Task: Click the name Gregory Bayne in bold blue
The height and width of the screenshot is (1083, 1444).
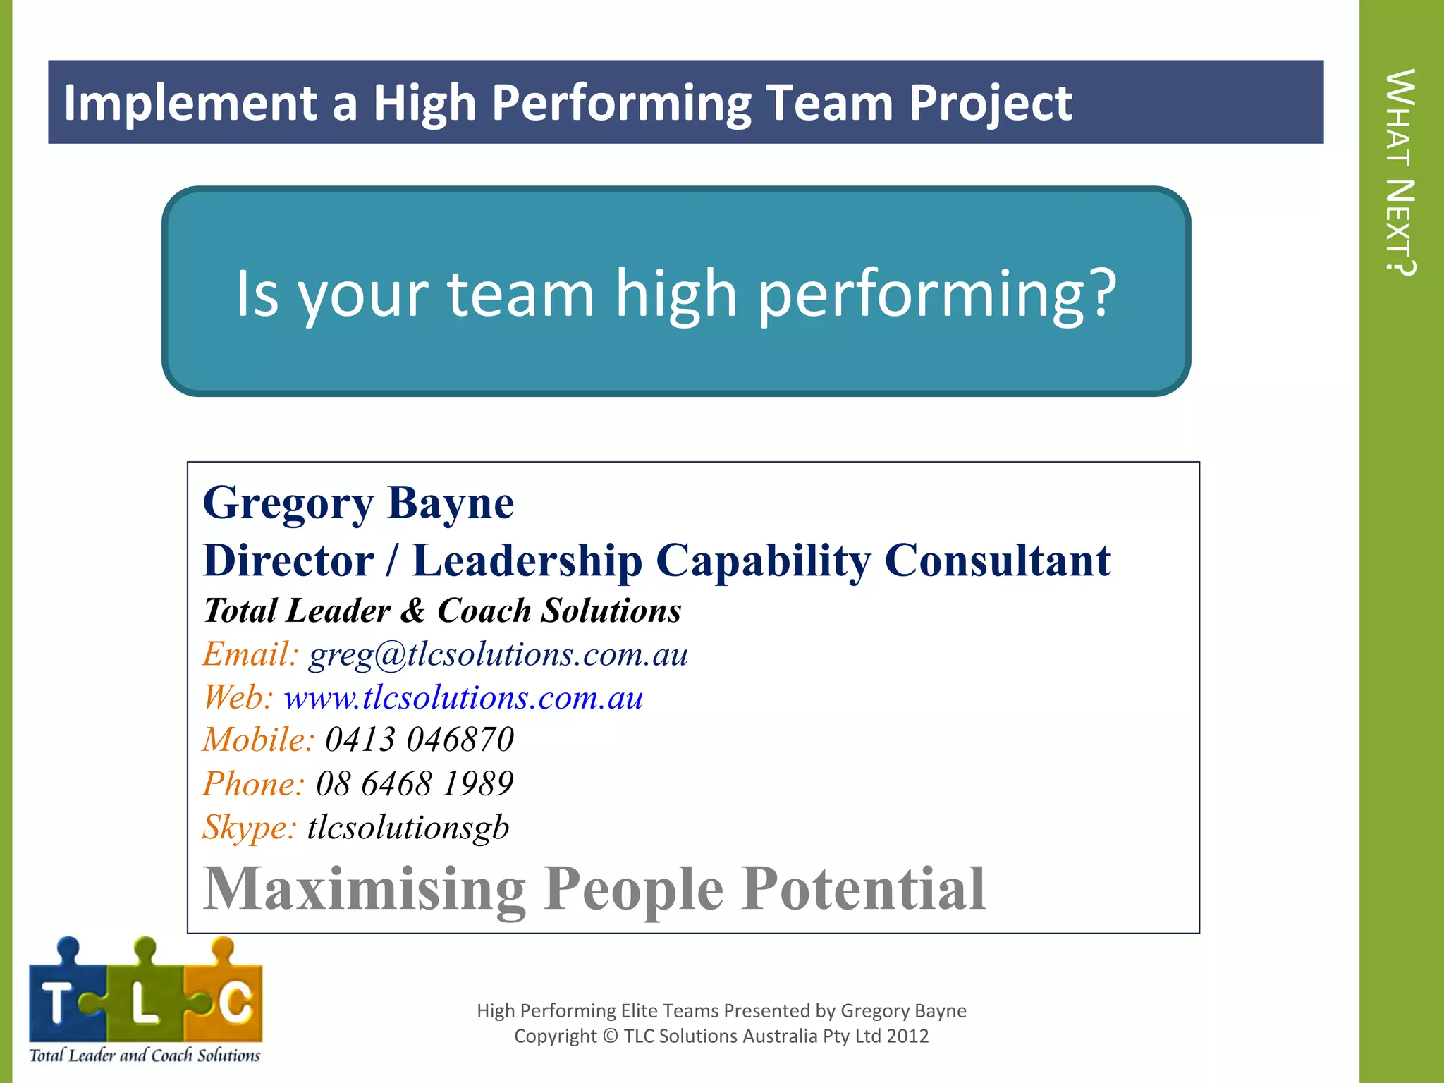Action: (x=358, y=504)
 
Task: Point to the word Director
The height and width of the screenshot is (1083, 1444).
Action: (x=288, y=561)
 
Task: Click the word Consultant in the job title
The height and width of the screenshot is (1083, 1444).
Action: (x=997, y=561)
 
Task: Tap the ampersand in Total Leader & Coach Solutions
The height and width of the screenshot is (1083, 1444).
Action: (x=413, y=611)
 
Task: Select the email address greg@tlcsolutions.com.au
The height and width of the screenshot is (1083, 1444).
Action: (x=498, y=655)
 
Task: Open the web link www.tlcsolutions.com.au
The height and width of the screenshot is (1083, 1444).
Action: (x=463, y=698)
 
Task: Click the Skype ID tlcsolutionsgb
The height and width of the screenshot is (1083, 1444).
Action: (x=408, y=827)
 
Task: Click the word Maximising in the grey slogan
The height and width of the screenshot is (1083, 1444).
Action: (x=365, y=890)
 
